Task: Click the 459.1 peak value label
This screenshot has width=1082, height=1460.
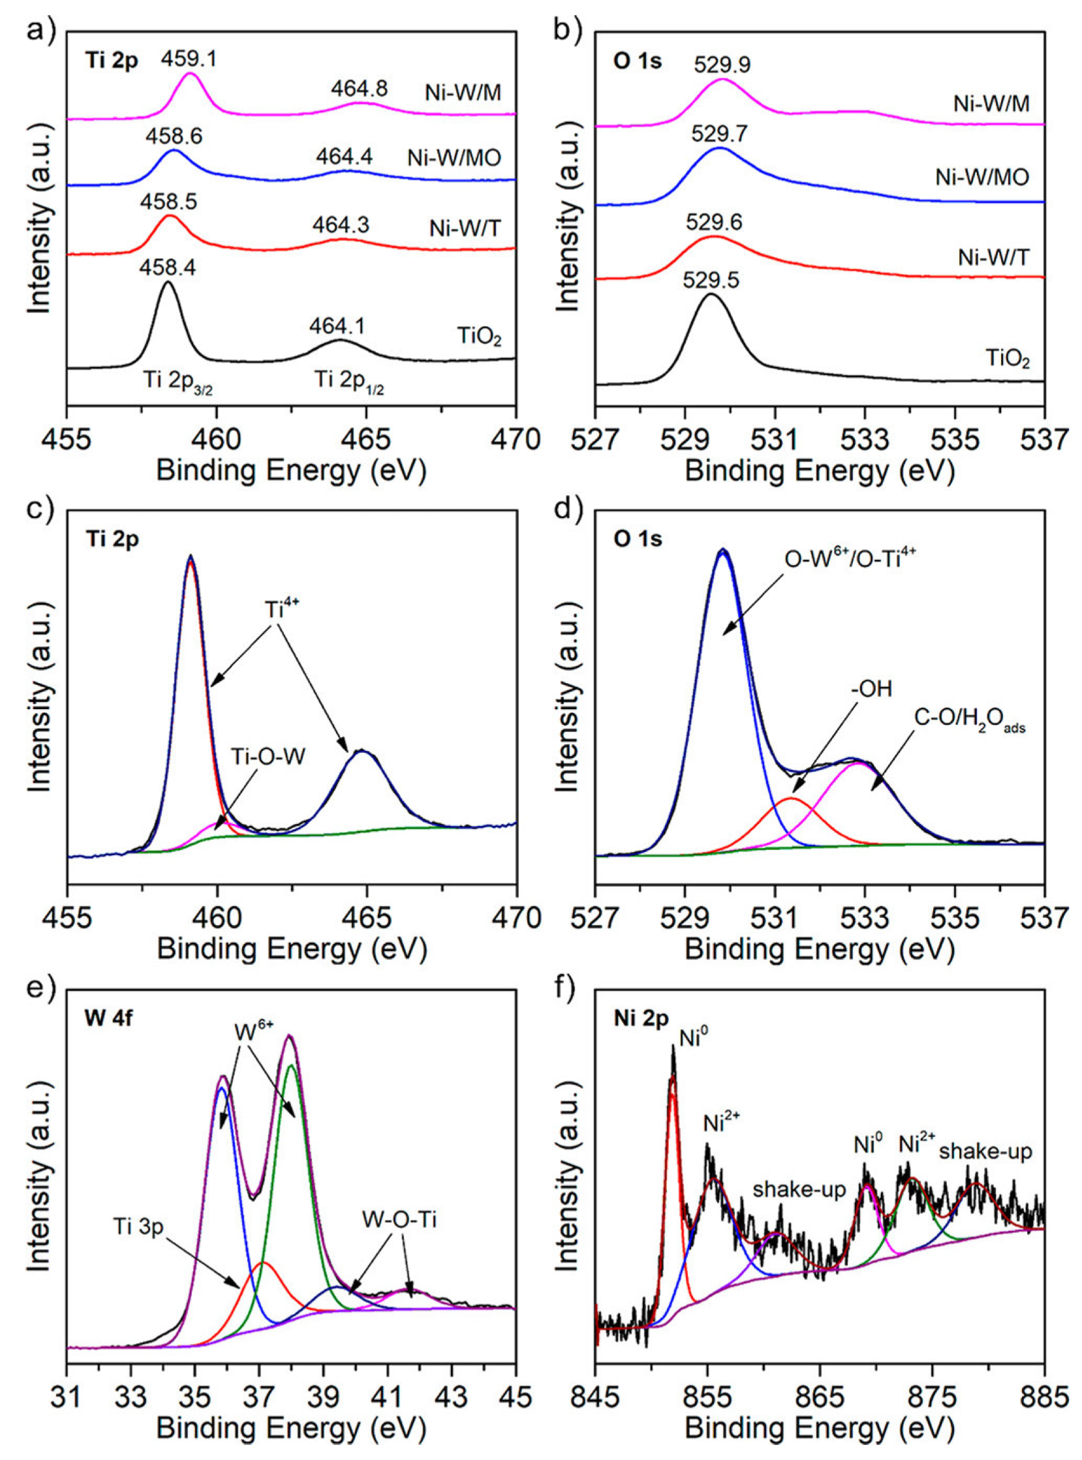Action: [189, 60]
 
